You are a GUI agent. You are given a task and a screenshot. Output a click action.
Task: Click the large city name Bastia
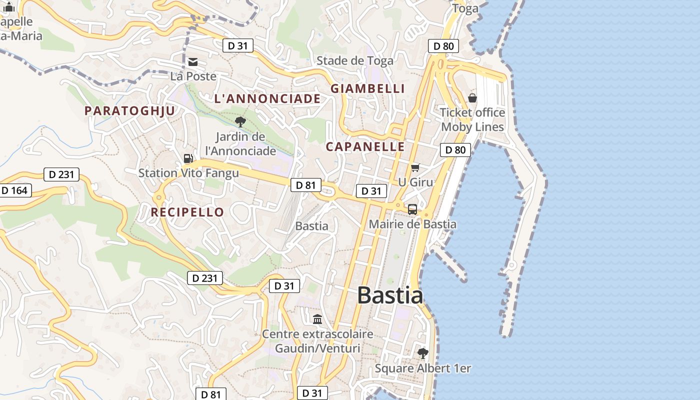390,295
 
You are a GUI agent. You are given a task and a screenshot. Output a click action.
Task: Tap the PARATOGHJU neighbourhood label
130,111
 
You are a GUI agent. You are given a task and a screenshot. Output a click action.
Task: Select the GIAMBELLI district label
367,88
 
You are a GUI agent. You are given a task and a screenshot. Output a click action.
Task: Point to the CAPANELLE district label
365,146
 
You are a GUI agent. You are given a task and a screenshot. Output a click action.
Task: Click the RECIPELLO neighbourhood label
187,212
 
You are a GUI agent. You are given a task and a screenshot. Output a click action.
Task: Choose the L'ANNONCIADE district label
267,98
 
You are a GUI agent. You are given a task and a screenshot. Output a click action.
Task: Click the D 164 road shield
14,190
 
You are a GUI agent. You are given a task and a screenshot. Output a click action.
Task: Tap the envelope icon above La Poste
193,62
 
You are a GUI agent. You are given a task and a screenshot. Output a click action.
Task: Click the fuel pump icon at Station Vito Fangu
188,158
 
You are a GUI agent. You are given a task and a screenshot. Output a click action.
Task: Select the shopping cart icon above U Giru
415,167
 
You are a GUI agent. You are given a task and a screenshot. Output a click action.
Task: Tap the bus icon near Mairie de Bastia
412,209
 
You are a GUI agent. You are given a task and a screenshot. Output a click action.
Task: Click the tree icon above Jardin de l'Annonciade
240,121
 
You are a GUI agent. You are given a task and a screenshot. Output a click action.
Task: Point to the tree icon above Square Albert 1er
423,353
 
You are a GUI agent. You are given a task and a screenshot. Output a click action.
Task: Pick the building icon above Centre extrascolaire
317,319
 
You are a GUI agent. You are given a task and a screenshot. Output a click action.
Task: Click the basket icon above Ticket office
472,98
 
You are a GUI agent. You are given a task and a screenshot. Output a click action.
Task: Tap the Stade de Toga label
355,61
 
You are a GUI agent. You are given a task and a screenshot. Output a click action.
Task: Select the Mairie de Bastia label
412,224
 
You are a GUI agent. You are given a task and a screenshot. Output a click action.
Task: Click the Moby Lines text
472,127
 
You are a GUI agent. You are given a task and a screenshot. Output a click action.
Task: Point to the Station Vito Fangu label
188,173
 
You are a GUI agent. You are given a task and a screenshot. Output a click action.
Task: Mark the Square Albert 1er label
423,368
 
